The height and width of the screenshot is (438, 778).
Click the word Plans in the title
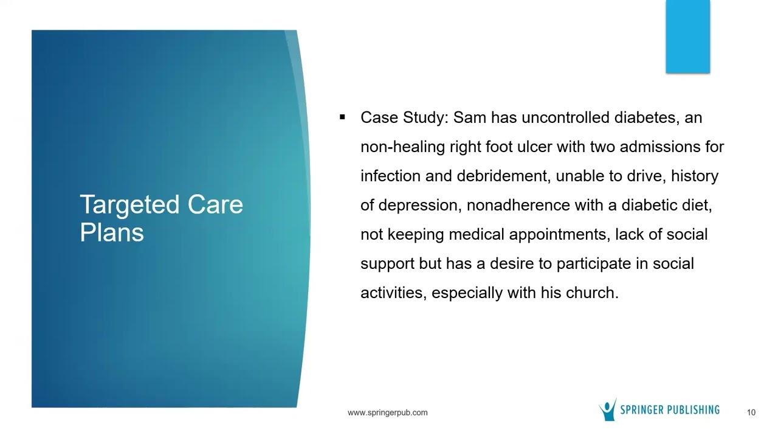pos(112,233)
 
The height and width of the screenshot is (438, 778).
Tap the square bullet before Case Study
pos(343,117)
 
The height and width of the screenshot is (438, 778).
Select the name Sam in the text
pos(470,117)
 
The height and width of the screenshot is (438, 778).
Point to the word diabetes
pos(645,117)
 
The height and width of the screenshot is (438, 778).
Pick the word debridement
pos(503,176)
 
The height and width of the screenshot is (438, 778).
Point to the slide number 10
pos(751,412)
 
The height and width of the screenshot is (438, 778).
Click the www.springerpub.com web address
pos(387,412)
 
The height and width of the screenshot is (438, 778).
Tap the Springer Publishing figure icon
pos(608,409)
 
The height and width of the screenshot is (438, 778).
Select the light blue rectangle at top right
pos(687,36)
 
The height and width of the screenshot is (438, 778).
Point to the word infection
pos(390,176)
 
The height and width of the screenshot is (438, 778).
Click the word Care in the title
pos(215,205)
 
